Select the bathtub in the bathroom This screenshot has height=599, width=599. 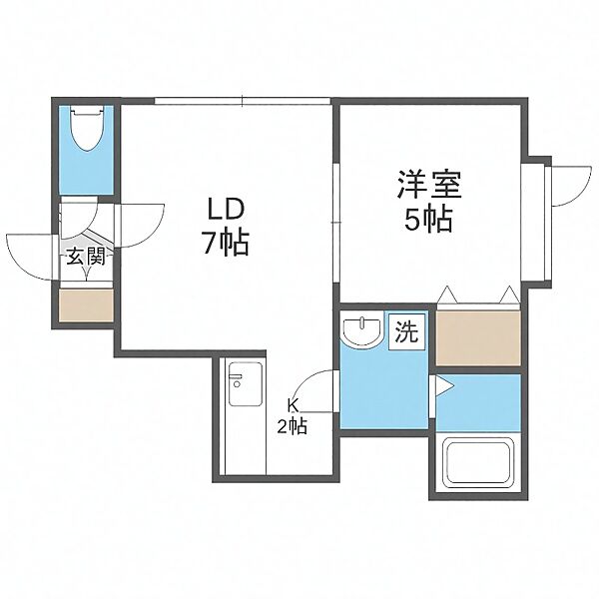pos(478,465)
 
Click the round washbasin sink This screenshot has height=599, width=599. pos(358,330)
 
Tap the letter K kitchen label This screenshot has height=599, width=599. pos(294,405)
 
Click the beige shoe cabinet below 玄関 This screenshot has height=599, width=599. pos(86,304)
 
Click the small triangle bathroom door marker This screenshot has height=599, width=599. pos(435,384)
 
